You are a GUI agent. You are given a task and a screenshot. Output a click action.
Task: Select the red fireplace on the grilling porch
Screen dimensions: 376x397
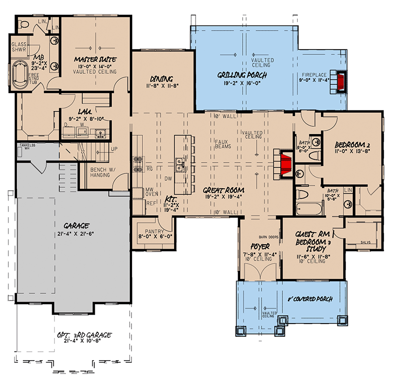(341, 82)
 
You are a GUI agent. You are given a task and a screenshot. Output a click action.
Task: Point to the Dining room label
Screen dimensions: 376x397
(161, 79)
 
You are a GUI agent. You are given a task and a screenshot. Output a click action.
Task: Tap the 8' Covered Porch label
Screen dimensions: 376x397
(310, 299)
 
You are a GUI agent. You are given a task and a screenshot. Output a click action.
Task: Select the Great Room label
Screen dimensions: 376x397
(222, 189)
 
